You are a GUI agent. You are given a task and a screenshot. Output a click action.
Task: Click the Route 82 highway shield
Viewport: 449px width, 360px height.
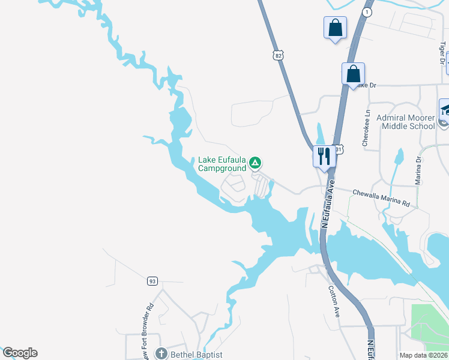[x=277, y=55]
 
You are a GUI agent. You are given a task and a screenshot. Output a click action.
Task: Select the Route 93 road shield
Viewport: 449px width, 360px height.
[x=152, y=281]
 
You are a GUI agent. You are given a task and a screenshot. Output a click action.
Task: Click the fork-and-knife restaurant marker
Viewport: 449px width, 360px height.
[x=324, y=157]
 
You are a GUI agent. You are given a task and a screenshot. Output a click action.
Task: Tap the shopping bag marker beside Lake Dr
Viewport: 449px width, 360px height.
[x=354, y=74]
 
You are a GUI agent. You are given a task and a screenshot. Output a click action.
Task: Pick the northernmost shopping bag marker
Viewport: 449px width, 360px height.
[x=335, y=28]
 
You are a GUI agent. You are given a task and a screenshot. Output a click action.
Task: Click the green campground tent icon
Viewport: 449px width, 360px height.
[x=255, y=162]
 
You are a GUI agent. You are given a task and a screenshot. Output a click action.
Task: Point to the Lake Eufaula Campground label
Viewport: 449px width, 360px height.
[x=222, y=164]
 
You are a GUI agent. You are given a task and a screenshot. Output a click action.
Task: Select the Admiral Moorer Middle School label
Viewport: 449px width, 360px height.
[x=405, y=122]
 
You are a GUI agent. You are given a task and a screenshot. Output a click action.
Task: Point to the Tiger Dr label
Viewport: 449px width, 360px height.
[x=442, y=52]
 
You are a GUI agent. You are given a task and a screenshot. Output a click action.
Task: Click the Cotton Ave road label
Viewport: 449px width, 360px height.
[x=334, y=296]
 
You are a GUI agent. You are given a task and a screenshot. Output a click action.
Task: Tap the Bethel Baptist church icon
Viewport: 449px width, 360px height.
[x=160, y=354]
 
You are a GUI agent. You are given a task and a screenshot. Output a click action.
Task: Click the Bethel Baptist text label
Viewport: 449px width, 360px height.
[x=196, y=355]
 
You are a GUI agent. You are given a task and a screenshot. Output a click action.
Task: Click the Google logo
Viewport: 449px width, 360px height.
[x=20, y=353]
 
